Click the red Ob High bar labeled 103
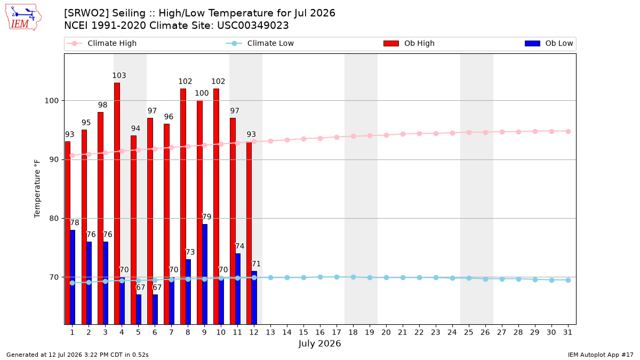click(x=117, y=203)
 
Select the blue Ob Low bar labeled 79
click(x=205, y=274)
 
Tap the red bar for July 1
click(x=68, y=233)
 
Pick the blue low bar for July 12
click(x=254, y=298)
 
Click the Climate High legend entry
click(x=101, y=43)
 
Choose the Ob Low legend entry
click(x=549, y=43)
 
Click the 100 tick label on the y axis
click(x=52, y=101)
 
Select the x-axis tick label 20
click(x=386, y=332)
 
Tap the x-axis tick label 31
click(x=567, y=332)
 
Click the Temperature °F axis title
click(x=37, y=189)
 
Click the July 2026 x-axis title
click(x=319, y=343)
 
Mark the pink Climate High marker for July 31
click(x=569, y=131)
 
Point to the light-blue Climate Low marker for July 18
click(x=354, y=277)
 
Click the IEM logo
click(x=23, y=18)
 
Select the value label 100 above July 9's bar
click(x=202, y=93)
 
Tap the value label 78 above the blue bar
click(x=75, y=222)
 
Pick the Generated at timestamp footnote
click(x=77, y=355)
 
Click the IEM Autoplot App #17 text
click(x=601, y=355)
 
